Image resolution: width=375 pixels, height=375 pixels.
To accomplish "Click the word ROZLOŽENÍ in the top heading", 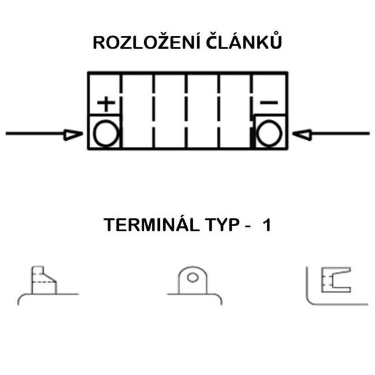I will point(137,44).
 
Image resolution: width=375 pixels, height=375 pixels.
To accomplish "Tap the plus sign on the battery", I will point(105,103).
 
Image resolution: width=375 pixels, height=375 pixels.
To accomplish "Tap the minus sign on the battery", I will point(269,103).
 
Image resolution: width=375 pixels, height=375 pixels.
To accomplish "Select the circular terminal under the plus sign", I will point(105,133).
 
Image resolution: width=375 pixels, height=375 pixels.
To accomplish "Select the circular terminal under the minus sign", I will point(269,133).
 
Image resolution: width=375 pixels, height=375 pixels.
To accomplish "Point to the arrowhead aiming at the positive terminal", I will point(74,134).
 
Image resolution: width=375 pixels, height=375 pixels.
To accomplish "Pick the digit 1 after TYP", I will point(266,226).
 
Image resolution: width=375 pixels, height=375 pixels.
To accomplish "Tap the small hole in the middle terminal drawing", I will point(193,277).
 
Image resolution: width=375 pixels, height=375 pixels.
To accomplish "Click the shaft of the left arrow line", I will point(35,134).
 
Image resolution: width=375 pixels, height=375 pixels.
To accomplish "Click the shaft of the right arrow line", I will point(340,134).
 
